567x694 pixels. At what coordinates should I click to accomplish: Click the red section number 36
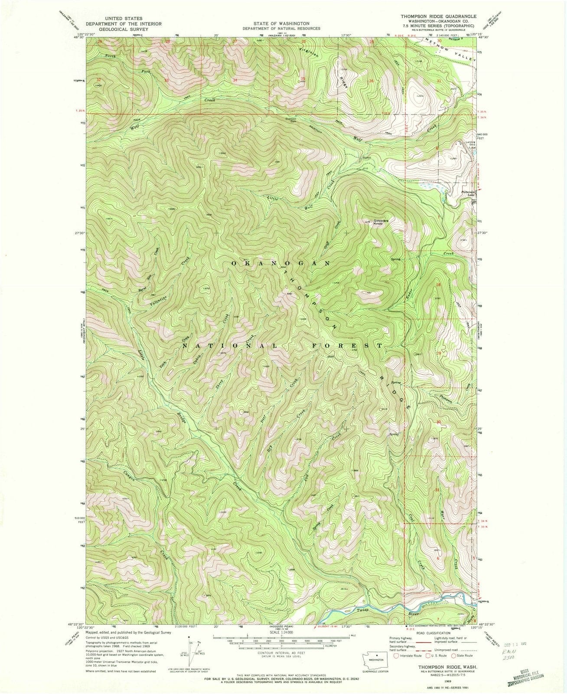pyautogui.click(x=371, y=81)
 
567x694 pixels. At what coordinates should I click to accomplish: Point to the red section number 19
pyautogui.click(x=439, y=354)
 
